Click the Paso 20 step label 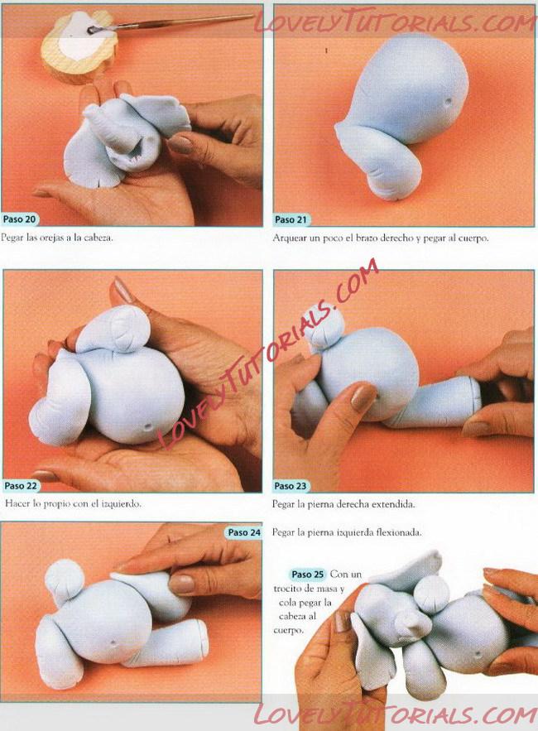(19, 219)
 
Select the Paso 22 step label (21, 486)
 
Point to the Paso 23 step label (291, 486)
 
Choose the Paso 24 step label (244, 532)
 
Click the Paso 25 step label (307, 574)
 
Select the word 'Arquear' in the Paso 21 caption (288, 238)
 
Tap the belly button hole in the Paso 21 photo (449, 101)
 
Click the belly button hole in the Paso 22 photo (148, 426)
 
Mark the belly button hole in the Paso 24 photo (113, 643)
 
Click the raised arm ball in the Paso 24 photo (64, 577)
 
